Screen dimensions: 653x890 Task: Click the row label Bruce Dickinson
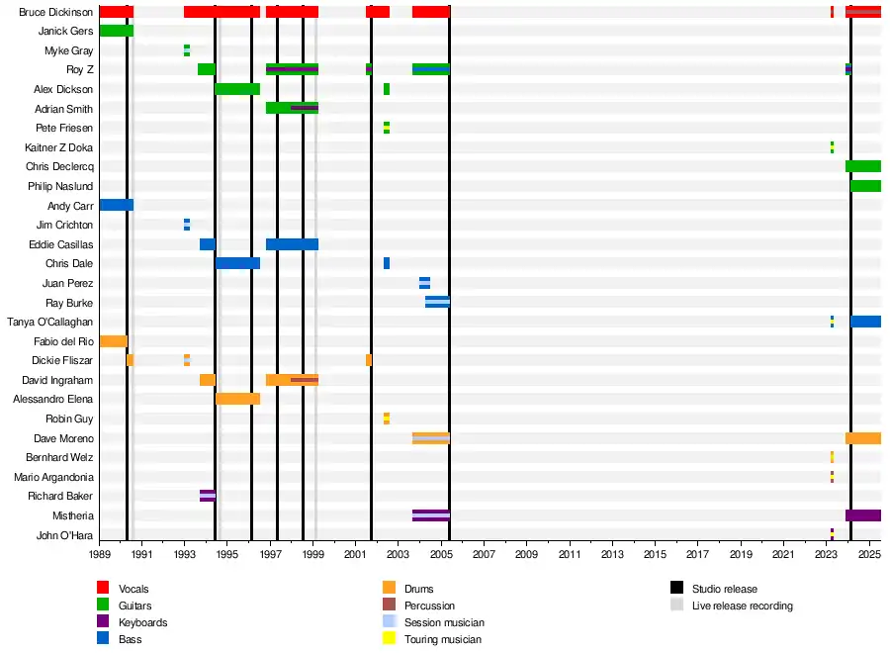(56, 12)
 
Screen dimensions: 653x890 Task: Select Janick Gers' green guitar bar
(116, 31)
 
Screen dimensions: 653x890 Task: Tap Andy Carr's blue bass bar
(116, 205)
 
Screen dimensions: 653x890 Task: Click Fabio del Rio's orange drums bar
(113, 341)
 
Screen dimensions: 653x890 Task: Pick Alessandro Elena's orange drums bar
(237, 399)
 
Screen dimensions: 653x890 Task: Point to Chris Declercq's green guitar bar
(862, 166)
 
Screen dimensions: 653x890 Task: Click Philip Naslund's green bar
(865, 186)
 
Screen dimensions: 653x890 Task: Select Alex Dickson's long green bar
(237, 89)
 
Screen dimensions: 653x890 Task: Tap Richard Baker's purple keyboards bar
(207, 496)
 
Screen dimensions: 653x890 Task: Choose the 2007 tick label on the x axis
(484, 556)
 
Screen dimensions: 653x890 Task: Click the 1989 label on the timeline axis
(100, 556)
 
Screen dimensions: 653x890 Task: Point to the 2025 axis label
(869, 556)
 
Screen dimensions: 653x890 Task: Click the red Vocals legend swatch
(103, 589)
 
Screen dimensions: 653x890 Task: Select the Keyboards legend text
(142, 622)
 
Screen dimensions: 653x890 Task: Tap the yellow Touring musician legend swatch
(389, 639)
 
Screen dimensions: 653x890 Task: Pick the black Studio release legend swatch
(676, 589)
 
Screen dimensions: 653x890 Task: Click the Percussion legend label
(429, 606)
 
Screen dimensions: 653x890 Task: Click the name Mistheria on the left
(72, 515)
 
